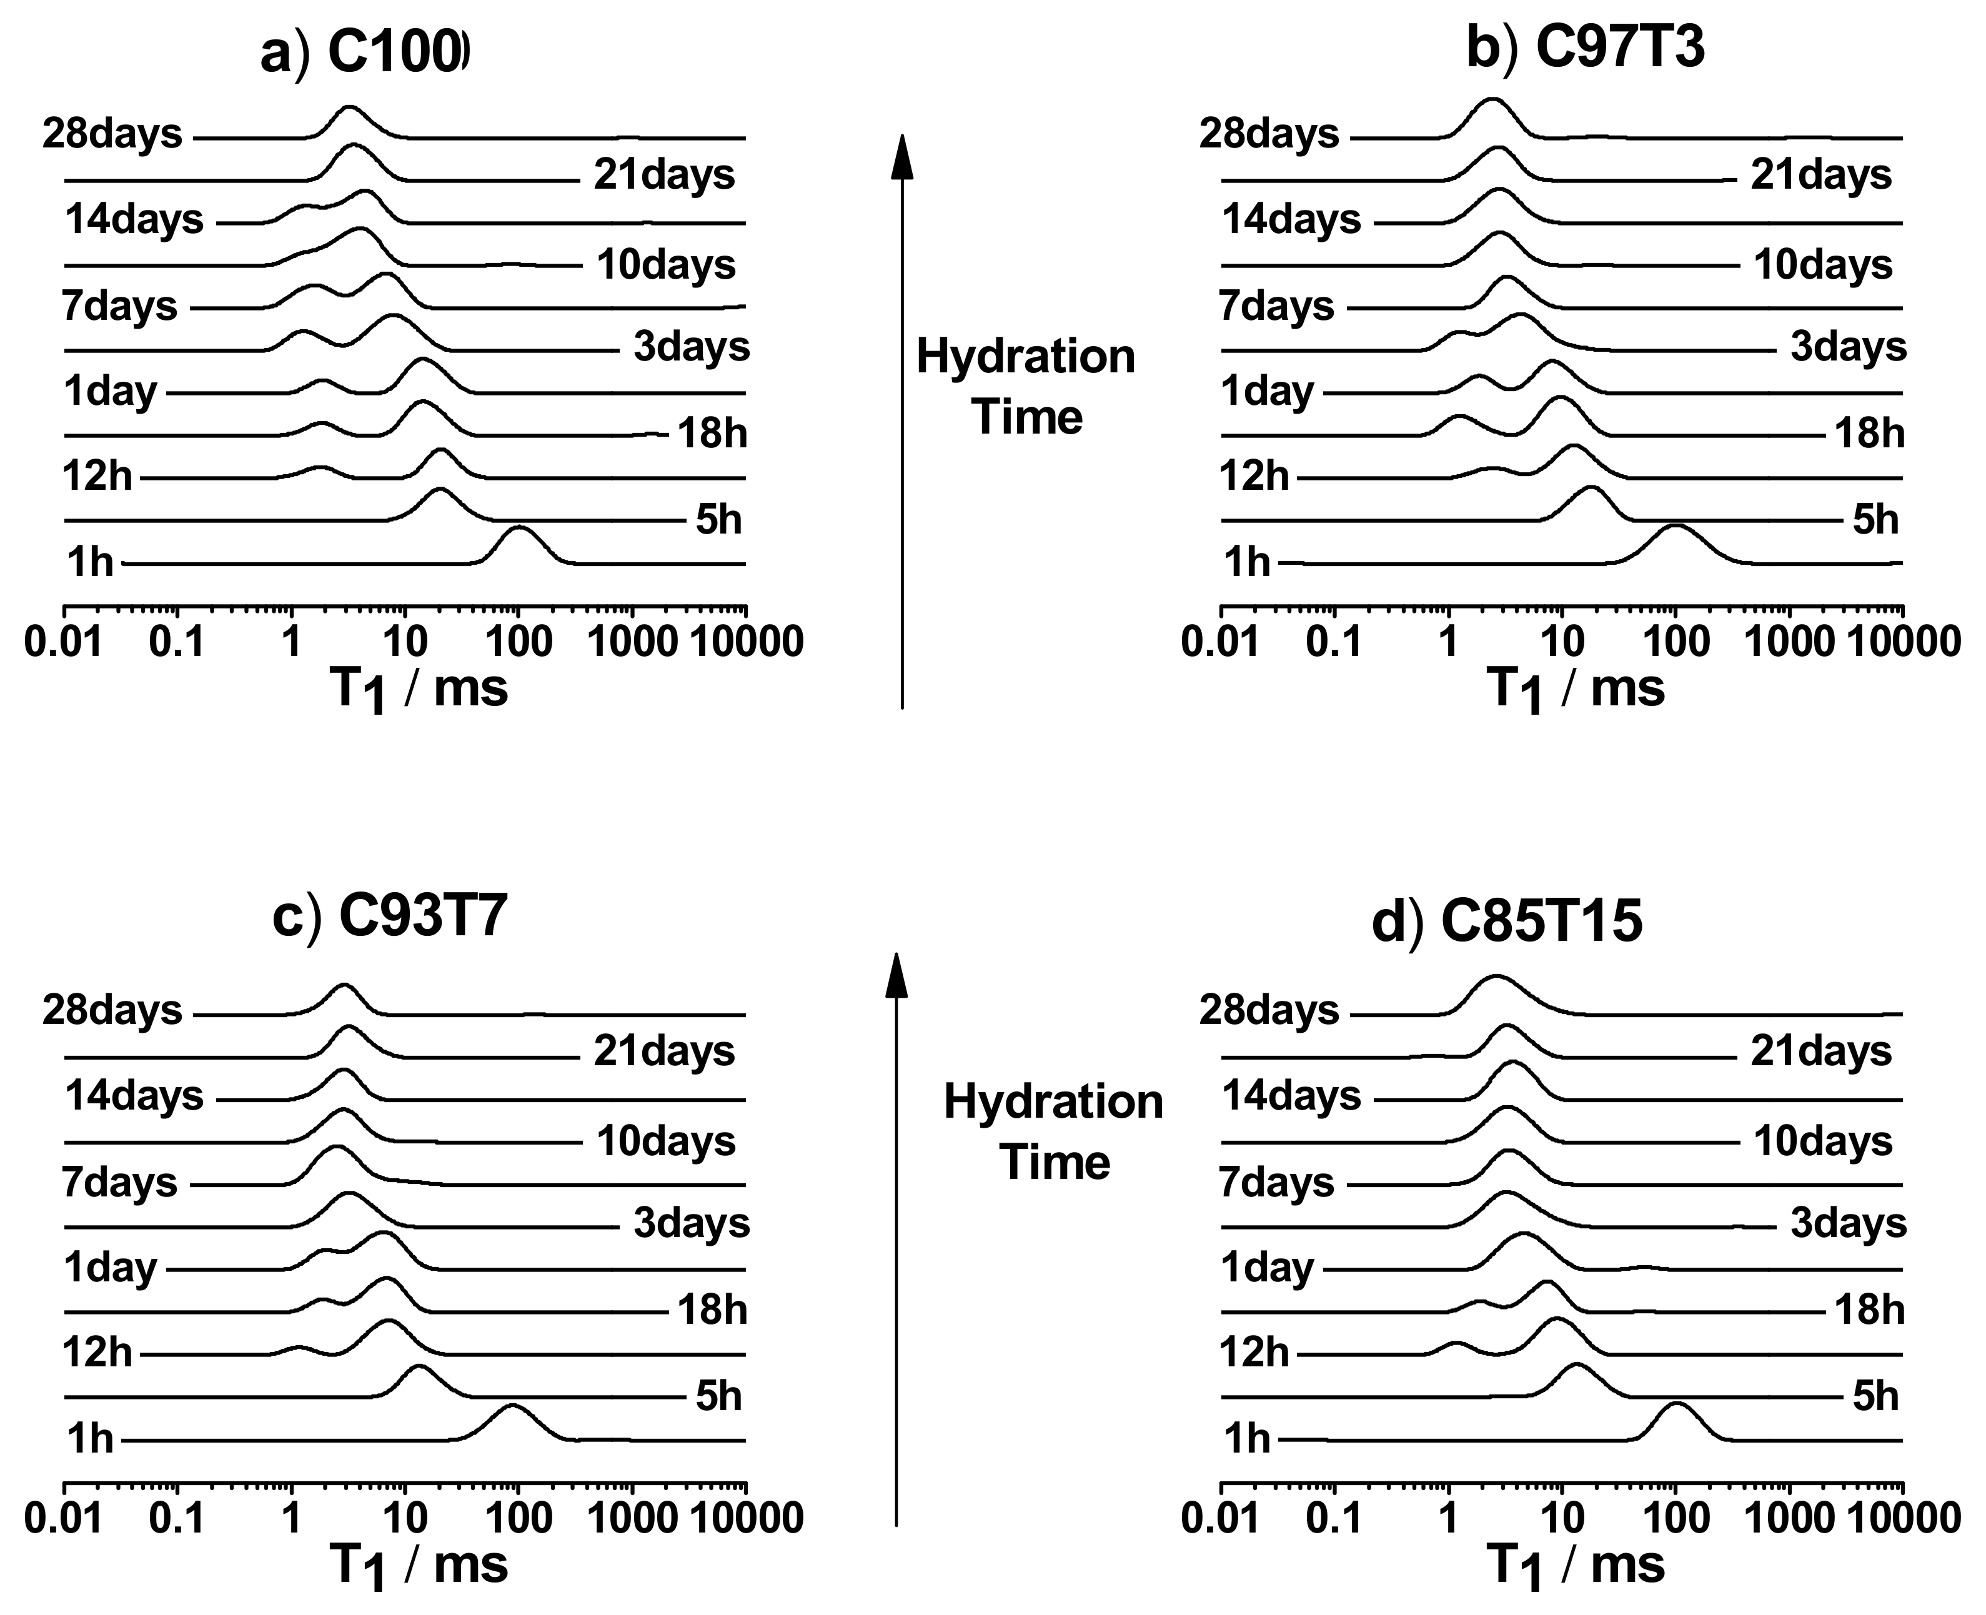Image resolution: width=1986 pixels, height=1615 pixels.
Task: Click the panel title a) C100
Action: (365, 54)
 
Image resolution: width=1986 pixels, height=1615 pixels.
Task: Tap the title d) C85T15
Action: (1507, 922)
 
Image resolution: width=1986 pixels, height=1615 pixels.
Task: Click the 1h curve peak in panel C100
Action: (519, 529)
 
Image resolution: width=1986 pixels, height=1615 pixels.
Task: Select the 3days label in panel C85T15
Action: (1847, 1223)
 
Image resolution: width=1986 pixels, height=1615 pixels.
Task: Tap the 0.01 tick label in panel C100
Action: (63, 642)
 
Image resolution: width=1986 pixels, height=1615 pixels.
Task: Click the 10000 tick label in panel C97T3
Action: (1902, 642)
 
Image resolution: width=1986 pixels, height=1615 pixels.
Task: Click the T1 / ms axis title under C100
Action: (419, 690)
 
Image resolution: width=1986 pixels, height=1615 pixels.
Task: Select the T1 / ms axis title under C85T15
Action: (1576, 1566)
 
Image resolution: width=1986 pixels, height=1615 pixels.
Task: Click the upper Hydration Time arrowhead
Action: (901, 156)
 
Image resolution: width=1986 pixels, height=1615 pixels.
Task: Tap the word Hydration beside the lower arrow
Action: (1053, 1103)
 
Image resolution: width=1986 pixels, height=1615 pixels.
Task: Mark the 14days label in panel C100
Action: (134, 221)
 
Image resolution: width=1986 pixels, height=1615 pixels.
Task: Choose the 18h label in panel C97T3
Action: (1869, 434)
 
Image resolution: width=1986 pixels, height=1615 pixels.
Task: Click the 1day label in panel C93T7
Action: (110, 1268)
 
